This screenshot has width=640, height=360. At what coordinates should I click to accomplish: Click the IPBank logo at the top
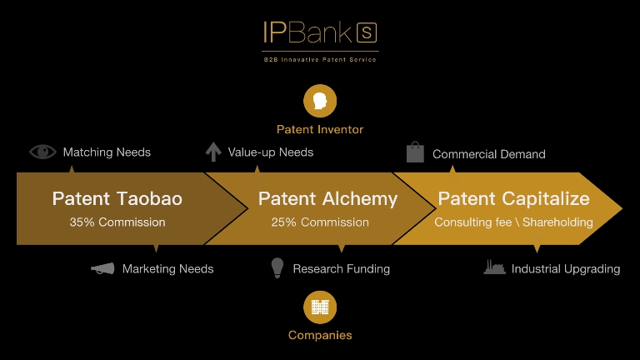click(320, 33)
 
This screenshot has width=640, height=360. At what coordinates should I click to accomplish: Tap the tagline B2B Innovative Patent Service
click(320, 60)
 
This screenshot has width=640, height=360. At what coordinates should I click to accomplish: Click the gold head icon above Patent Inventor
click(320, 101)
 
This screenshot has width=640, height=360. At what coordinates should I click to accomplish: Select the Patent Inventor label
click(320, 129)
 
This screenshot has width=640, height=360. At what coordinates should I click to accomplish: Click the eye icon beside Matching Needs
click(42, 152)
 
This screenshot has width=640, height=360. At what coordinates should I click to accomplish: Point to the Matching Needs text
click(107, 152)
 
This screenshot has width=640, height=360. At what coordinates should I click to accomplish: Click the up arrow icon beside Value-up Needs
click(213, 152)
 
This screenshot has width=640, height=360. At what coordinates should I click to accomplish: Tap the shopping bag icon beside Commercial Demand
click(415, 152)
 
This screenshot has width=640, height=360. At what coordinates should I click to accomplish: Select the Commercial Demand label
click(489, 154)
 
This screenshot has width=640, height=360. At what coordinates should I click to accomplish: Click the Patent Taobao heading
click(117, 198)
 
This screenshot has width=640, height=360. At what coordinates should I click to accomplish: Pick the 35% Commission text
click(117, 222)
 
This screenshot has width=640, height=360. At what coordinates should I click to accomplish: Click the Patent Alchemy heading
click(327, 198)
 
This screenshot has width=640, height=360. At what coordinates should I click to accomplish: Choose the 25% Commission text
click(320, 222)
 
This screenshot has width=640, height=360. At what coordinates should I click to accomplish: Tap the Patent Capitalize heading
click(513, 198)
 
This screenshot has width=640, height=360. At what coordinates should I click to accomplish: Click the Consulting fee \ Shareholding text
click(513, 222)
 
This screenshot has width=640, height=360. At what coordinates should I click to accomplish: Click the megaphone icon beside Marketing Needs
click(102, 268)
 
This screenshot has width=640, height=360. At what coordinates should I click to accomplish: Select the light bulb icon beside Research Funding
click(277, 267)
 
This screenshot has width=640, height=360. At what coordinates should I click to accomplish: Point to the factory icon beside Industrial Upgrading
click(495, 268)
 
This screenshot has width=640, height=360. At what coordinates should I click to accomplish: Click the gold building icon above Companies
click(320, 307)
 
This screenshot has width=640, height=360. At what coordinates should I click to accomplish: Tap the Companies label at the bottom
click(320, 335)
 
